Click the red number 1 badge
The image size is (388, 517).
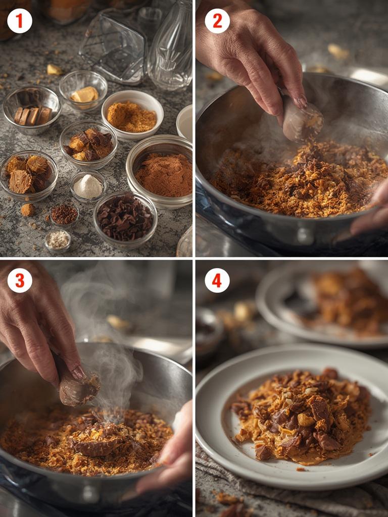click(20, 21)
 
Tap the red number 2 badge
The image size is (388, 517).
click(217, 21)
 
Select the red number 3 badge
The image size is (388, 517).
click(20, 280)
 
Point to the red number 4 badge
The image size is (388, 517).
click(217, 280)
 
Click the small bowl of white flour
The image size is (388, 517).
click(88, 187)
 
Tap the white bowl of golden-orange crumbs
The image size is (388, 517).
click(132, 116)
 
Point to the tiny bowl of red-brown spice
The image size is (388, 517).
click(64, 214)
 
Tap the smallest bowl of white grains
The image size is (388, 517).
click(58, 241)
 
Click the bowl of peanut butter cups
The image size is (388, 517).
click(29, 176)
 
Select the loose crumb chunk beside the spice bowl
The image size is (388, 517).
click(28, 210)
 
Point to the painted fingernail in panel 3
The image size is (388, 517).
click(78, 373)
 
